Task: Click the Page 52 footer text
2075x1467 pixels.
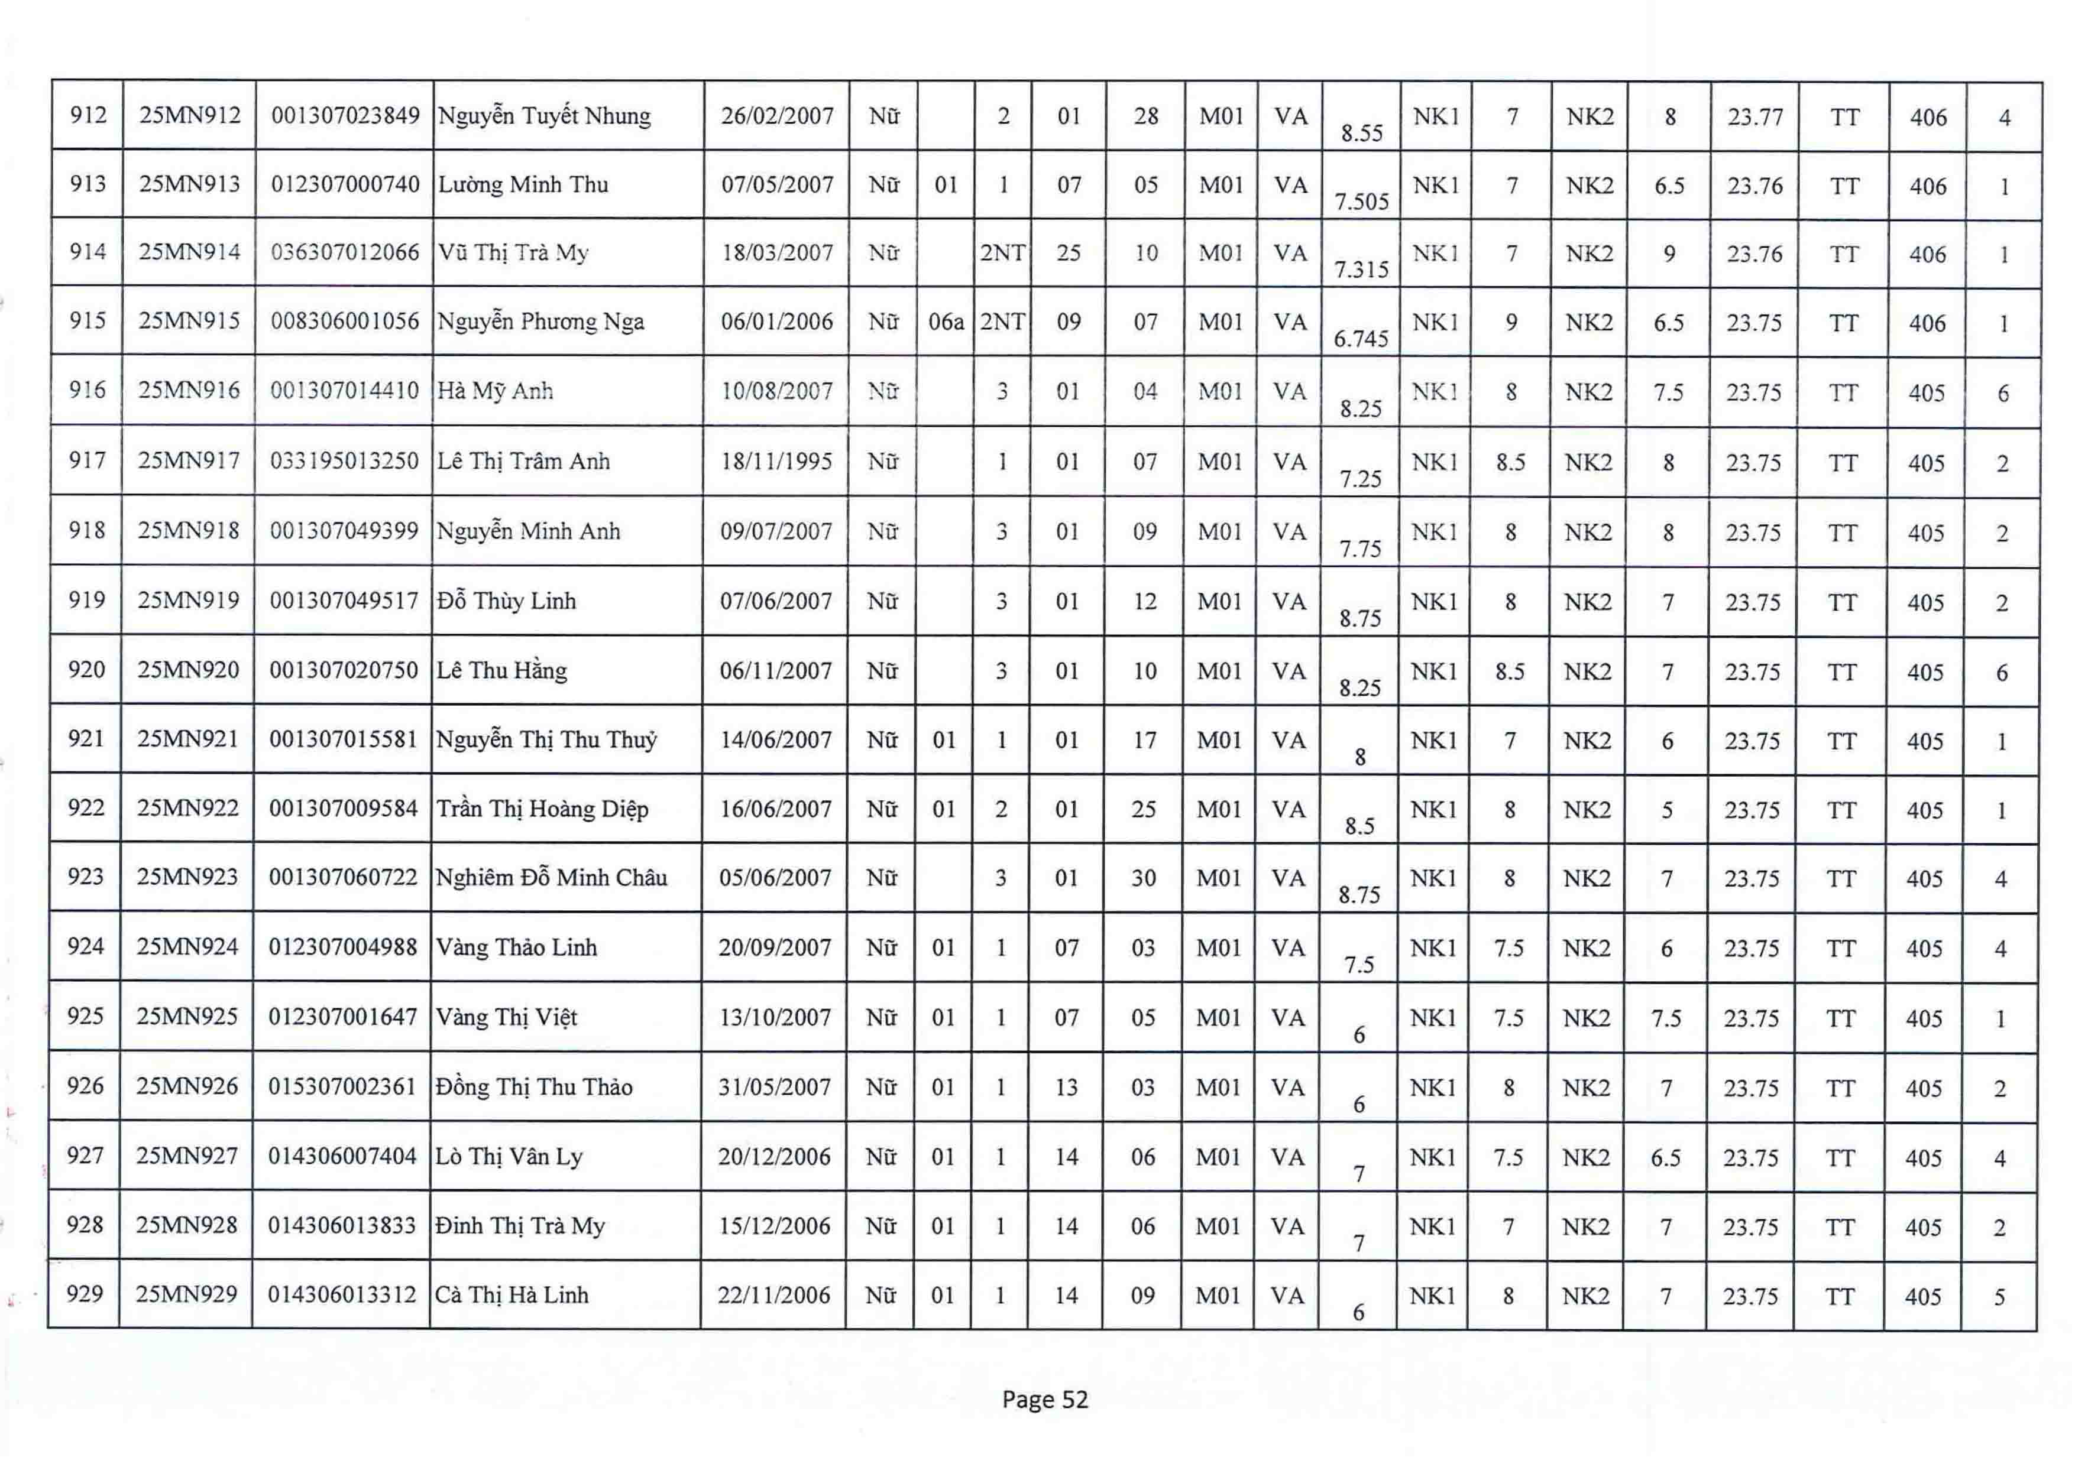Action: click(x=1045, y=1399)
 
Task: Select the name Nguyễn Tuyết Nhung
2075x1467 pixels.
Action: click(x=544, y=116)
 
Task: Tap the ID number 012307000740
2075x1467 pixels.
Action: click(x=345, y=184)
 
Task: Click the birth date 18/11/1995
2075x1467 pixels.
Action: click(x=776, y=462)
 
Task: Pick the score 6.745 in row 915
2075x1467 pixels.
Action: click(x=1361, y=338)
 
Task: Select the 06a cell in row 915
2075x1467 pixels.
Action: click(x=946, y=322)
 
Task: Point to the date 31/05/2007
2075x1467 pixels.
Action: click(x=775, y=1087)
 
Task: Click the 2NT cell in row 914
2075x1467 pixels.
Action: click(x=1002, y=253)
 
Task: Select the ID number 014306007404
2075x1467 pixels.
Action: click(x=342, y=1156)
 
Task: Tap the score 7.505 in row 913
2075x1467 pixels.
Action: click(x=1362, y=200)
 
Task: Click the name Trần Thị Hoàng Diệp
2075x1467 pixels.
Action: click(x=542, y=809)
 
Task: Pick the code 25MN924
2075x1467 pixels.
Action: click(x=187, y=947)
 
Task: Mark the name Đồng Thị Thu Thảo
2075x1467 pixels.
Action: click(x=533, y=1087)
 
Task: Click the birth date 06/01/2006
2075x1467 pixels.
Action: click(x=776, y=322)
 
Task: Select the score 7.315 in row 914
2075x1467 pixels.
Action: click(x=1362, y=269)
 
